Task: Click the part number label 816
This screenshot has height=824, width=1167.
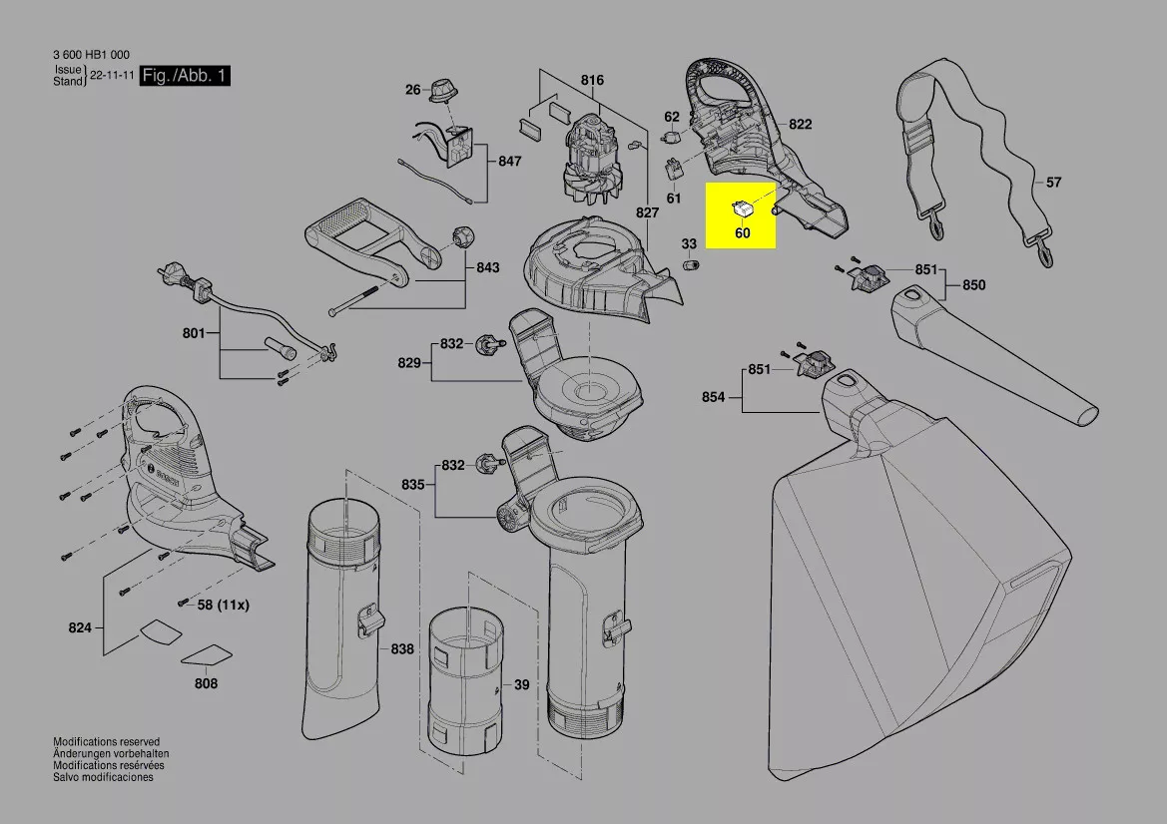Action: tap(592, 80)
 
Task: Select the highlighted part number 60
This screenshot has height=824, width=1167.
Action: tap(742, 233)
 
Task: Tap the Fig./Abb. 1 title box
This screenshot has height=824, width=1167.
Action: tap(185, 76)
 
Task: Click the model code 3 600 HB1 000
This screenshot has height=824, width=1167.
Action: tap(92, 55)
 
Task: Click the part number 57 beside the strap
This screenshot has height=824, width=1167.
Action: tap(1054, 183)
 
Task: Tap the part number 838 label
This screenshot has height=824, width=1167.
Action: tap(401, 649)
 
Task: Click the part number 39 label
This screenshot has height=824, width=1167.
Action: tap(521, 685)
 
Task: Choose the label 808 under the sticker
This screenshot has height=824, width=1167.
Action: tap(206, 684)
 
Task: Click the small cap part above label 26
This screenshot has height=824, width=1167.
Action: tap(441, 89)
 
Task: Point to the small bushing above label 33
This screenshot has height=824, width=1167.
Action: tap(690, 264)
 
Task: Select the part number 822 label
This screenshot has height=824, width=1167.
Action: tap(800, 125)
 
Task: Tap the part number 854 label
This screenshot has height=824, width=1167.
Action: tap(713, 397)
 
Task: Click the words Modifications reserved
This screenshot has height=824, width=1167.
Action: tap(106, 742)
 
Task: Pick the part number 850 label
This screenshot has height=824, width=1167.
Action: tap(973, 285)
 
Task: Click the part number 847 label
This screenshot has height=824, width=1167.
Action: tap(509, 161)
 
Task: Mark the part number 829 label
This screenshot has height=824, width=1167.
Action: tap(409, 363)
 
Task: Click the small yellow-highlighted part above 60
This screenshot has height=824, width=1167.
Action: tap(742, 208)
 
